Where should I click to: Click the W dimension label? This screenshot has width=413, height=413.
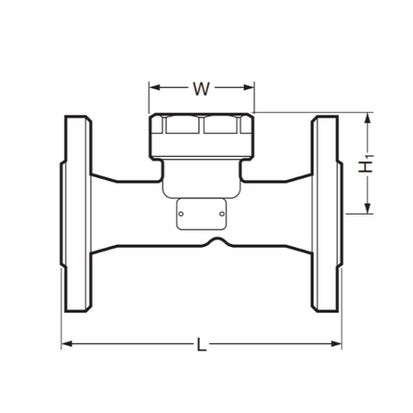coord(201,89)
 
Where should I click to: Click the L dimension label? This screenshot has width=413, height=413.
coord(201,344)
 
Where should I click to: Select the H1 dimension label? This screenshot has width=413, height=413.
coord(366,164)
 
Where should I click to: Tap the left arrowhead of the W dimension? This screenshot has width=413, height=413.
coord(155,88)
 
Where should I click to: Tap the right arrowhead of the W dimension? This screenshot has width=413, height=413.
coord(249,88)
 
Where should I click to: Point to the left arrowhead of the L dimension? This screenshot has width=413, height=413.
coord(67,344)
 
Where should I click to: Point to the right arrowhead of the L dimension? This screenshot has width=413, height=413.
coord(336,344)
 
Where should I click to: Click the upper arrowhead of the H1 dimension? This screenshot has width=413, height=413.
coord(368,118)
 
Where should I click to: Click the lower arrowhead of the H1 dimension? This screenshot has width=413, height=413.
coord(368,208)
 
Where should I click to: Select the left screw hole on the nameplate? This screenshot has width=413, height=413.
coord(181,214)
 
